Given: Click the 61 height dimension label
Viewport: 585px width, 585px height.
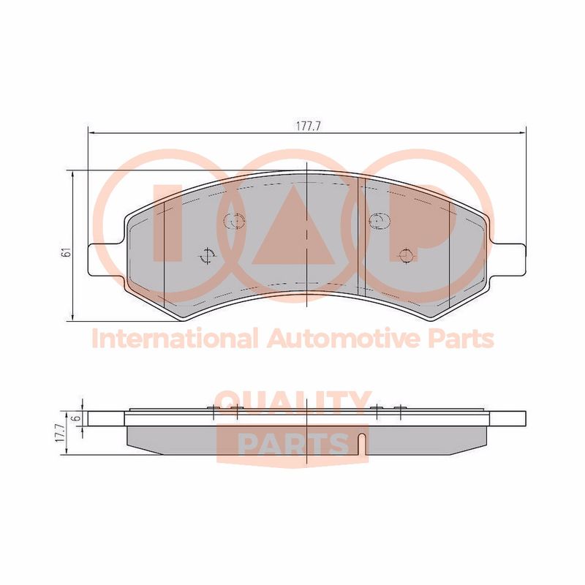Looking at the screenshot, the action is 67,252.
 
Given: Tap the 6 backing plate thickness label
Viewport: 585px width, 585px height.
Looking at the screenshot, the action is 78,418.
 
